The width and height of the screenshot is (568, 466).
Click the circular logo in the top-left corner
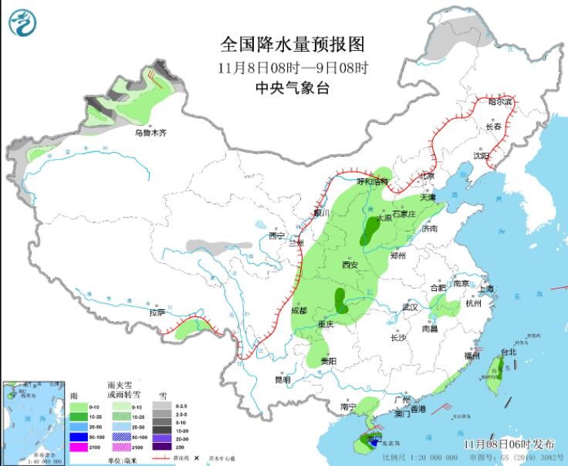pos(23,23)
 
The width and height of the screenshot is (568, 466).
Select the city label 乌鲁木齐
pos(150,133)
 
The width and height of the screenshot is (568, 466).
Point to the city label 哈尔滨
pos(500,101)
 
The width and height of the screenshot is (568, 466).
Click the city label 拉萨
pos(157,313)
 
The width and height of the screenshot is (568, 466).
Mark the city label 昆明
pos(283,380)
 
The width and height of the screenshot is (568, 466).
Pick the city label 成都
pos(299,310)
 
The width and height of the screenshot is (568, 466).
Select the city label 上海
pos(486,289)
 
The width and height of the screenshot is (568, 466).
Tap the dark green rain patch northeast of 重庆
pos(340,301)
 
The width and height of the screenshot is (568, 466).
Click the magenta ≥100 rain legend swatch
pos(78,447)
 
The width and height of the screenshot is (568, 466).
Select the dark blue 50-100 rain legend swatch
pos(78,436)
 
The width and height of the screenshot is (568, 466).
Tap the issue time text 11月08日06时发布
pos(509,444)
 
